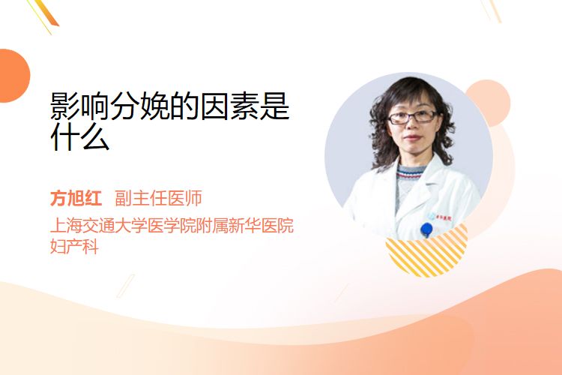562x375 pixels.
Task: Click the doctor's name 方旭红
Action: [76, 198]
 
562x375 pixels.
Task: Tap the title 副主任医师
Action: [158, 198]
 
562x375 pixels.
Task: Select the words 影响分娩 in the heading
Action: [109, 106]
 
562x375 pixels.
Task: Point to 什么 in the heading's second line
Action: [80, 136]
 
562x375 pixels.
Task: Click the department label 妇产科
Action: [74, 246]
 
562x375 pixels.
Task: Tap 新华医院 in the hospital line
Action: [262, 225]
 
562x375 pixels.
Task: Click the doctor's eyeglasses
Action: [412, 117]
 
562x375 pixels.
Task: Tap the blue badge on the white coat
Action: [426, 229]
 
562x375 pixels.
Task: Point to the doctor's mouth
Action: [412, 138]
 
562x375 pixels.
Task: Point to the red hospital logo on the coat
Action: [443, 217]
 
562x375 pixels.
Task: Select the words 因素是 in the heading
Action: [245, 106]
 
